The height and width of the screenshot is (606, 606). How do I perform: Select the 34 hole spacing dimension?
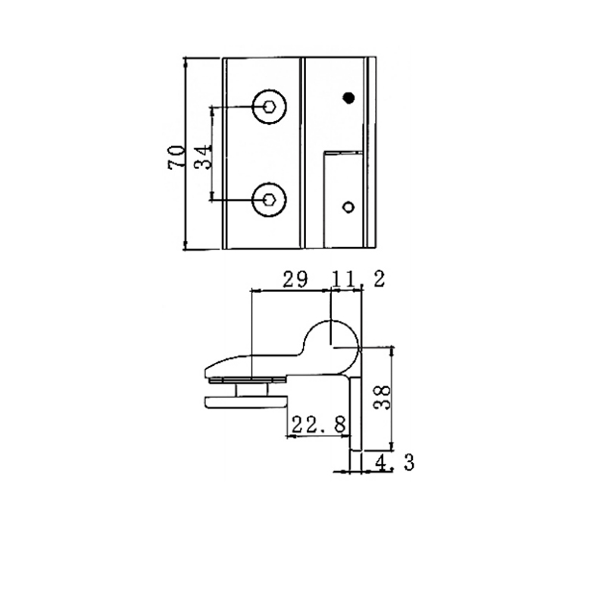point(201,157)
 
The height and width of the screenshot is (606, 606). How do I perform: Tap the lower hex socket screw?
point(269,200)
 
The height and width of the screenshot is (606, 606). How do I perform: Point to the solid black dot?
point(348,97)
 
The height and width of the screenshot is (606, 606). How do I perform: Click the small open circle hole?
point(348,206)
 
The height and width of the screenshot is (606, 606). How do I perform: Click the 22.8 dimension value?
point(314,424)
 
